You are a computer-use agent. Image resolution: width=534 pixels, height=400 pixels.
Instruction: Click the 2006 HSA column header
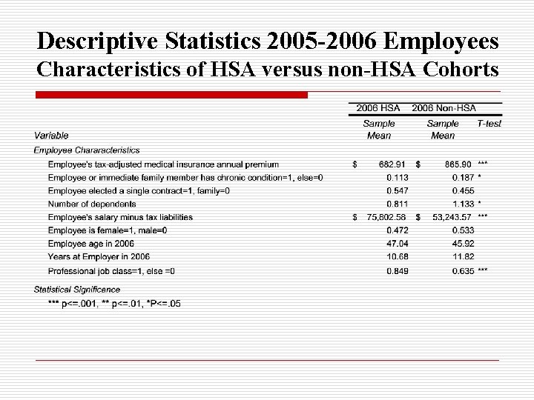(x=378, y=107)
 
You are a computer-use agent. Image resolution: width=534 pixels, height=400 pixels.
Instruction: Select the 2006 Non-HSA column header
(x=444, y=107)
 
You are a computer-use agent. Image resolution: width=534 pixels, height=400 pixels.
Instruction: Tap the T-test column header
(x=489, y=124)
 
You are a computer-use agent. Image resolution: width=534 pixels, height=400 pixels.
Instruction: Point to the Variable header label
(x=51, y=136)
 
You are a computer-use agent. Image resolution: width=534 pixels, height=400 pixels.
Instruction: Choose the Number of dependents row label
(x=92, y=204)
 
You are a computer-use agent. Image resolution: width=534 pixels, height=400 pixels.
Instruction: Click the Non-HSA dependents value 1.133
(x=463, y=204)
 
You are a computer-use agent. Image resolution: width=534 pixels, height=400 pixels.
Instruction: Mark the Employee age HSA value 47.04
(x=397, y=244)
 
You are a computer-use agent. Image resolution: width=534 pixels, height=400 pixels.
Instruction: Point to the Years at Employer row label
(x=99, y=257)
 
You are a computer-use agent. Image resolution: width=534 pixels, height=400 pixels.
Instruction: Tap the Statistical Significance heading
(x=77, y=289)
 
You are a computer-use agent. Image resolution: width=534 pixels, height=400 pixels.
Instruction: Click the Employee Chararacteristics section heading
(x=87, y=150)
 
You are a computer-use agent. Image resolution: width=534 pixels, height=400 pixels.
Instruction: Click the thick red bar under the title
(x=171, y=96)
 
